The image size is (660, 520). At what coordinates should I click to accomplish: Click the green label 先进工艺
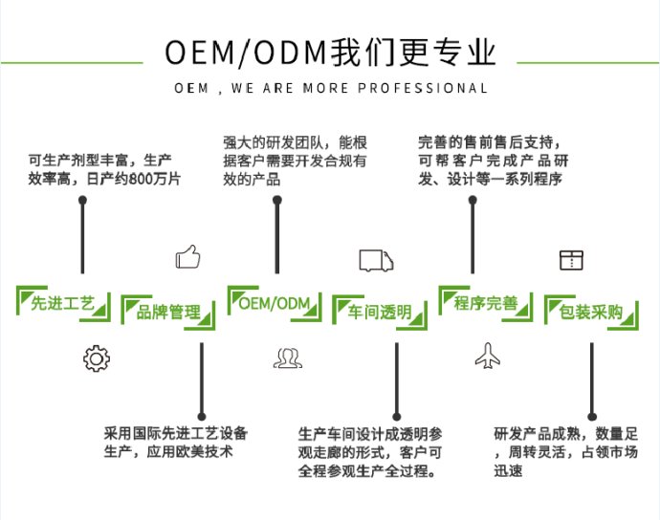tap(63, 305)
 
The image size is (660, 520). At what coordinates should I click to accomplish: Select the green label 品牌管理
tap(168, 313)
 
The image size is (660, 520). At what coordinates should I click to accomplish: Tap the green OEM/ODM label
tap(275, 304)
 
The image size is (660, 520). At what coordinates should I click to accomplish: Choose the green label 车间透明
tap(380, 313)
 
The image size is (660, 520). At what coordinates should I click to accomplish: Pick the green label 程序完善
tap(485, 304)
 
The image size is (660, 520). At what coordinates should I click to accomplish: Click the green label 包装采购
tap(590, 313)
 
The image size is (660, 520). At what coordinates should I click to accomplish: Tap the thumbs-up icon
tap(187, 257)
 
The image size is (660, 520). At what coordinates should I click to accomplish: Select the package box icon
tap(571, 258)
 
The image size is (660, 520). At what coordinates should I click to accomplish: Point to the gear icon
tap(97, 358)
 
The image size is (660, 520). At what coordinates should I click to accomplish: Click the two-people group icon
tap(286, 358)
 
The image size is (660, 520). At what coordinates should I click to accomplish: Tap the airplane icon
tap(488, 357)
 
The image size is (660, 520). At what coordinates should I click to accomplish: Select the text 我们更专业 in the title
tap(413, 52)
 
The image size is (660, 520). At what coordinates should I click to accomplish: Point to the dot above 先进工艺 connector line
tap(83, 201)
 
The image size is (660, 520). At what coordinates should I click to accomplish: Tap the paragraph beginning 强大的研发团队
tap(295, 159)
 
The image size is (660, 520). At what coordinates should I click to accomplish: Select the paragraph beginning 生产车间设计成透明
tap(369, 452)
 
